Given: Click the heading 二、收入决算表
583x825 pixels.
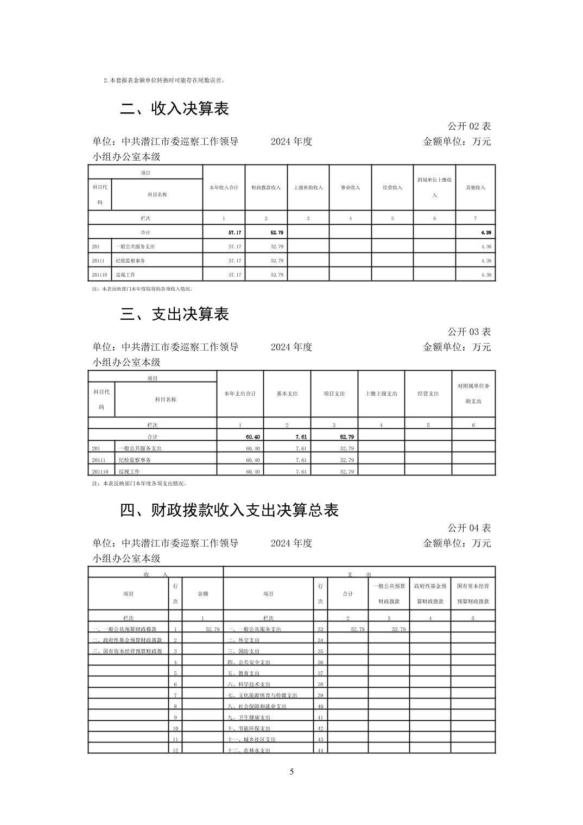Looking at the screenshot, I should (174, 109).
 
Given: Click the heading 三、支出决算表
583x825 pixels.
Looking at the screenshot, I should (174, 314).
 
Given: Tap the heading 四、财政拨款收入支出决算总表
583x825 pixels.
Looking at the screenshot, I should (229, 510).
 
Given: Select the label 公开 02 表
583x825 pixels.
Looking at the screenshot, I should (469, 126).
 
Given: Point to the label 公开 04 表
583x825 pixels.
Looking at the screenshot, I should (469, 528).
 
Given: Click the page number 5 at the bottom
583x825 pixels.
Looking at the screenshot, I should (291, 772).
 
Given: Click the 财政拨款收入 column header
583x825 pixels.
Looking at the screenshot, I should (265, 187).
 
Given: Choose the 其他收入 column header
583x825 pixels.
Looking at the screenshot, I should (476, 187).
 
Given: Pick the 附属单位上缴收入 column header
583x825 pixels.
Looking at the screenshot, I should (434, 187).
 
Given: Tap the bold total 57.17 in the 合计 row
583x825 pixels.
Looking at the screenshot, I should (235, 232).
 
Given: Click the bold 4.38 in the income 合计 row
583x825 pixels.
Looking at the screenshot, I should (486, 232).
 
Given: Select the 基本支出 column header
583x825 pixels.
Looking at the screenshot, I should (287, 394).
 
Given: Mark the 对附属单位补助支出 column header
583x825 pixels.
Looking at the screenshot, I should (473, 394).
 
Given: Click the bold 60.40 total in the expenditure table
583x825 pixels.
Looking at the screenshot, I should (253, 437).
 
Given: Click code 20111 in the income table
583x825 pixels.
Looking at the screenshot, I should (98, 261).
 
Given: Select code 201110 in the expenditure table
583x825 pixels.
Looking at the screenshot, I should (100, 472).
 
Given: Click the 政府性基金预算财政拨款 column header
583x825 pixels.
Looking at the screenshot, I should (430, 594).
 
